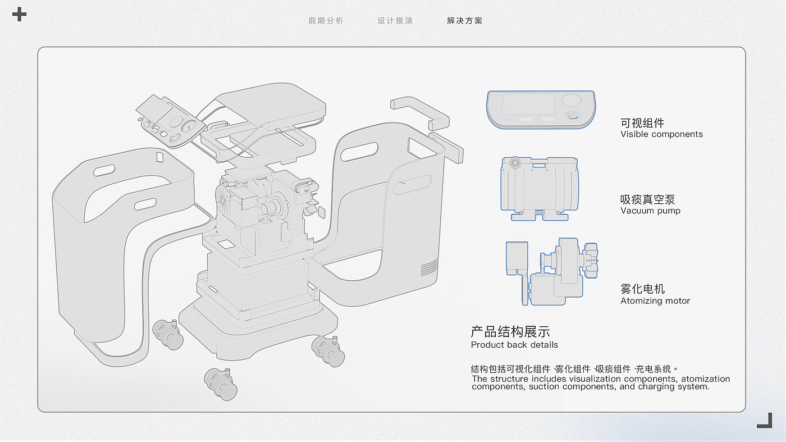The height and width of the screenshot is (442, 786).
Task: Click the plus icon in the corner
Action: (x=19, y=14)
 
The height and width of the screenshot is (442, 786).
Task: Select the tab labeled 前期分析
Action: (x=326, y=21)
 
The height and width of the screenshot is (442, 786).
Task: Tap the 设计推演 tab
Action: (x=395, y=21)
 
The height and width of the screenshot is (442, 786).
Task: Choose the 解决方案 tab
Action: (x=465, y=21)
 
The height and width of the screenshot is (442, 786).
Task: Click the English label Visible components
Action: (x=661, y=134)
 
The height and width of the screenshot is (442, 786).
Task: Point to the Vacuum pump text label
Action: (x=650, y=211)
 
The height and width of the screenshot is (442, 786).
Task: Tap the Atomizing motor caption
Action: (x=655, y=300)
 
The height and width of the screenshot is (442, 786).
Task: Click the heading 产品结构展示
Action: (x=510, y=331)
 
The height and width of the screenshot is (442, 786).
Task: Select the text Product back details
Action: (x=514, y=345)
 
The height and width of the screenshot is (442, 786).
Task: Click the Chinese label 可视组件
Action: (x=642, y=123)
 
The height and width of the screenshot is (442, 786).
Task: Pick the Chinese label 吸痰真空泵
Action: (x=647, y=199)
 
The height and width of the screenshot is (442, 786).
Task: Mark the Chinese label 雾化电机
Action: (x=642, y=289)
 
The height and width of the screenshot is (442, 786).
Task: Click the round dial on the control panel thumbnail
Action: (x=572, y=101)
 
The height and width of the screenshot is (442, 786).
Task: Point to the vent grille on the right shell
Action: (x=429, y=267)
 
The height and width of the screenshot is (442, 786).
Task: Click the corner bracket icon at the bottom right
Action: (x=765, y=420)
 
